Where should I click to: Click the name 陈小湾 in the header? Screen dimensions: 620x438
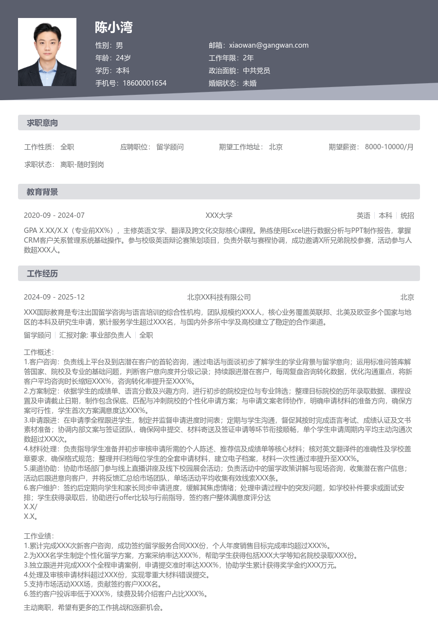coord(114,27)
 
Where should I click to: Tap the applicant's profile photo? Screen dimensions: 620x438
coord(47,52)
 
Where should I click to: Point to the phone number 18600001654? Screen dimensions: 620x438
coord(145,83)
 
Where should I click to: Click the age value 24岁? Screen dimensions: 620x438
coord(123,58)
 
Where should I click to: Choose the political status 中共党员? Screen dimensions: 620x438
coord(256,71)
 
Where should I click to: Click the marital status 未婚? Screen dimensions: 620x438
coord(250,83)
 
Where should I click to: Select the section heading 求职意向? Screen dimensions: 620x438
coord(42,123)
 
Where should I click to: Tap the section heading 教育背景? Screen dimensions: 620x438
coord(42,192)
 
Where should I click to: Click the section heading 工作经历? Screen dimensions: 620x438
coord(42,274)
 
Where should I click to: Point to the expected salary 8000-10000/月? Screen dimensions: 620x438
coord(389,147)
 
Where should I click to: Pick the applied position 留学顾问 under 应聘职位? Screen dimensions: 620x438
coord(170,147)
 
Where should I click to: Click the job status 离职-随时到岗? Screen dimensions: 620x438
coord(82,164)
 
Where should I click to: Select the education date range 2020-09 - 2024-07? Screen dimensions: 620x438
coord(54,215)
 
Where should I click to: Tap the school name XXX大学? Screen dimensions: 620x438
coord(219,215)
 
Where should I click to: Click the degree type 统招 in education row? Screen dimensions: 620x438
coord(407,215)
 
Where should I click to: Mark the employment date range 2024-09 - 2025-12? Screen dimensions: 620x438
coord(54,297)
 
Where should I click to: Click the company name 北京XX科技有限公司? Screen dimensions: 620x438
coord(219,297)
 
